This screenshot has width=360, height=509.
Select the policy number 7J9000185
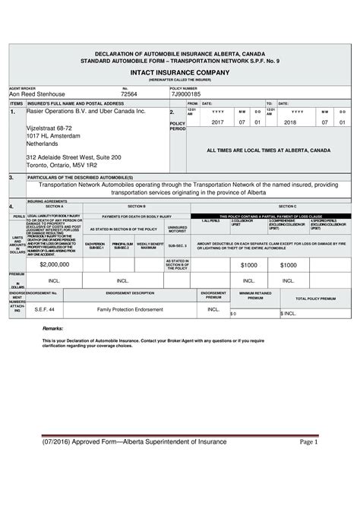click(186, 93)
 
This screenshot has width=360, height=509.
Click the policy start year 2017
click(217, 122)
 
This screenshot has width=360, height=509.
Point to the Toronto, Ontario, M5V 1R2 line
click(62, 165)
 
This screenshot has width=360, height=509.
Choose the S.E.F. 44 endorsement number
click(45, 310)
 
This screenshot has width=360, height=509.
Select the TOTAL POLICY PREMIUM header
click(314, 299)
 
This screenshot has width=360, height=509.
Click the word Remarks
click(53, 329)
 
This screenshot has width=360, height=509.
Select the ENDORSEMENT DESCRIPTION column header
click(131, 292)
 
